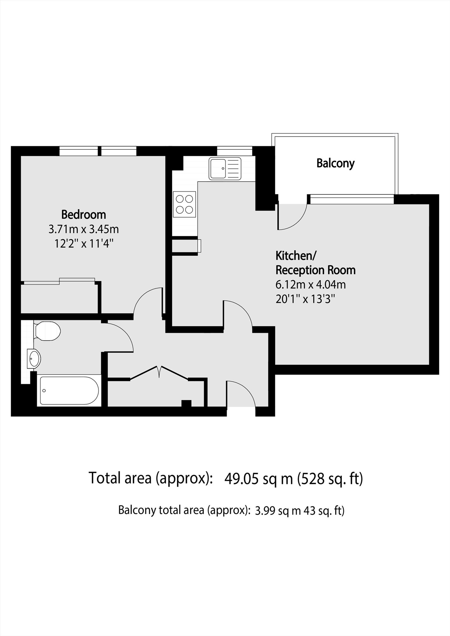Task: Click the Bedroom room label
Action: pos(83,215)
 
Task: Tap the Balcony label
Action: pos(335,163)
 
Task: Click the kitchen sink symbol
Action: pos(225,169)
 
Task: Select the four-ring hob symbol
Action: pos(185,204)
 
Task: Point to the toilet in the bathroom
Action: pos(47,331)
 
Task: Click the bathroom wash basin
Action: pos(34,358)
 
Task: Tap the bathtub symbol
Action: pos(69,390)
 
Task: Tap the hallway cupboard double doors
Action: pos(159,373)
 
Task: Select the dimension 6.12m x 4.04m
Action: pos(311,285)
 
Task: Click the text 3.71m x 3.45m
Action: pos(83,229)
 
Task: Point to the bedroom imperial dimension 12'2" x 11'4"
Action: pos(83,244)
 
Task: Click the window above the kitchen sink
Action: pos(235,151)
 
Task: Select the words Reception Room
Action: pos(315,270)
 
